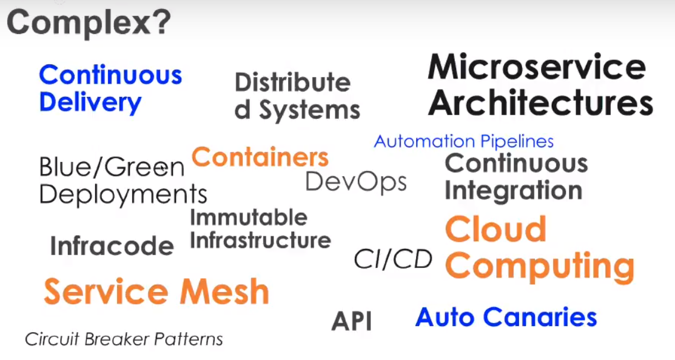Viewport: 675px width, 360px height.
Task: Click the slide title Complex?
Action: click(89, 23)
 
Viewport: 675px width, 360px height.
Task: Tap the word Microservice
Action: click(537, 67)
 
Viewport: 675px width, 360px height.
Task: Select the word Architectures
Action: click(540, 103)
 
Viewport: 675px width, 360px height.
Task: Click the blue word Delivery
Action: click(90, 103)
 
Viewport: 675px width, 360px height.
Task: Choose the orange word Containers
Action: click(260, 158)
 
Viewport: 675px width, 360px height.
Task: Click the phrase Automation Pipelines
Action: click(464, 142)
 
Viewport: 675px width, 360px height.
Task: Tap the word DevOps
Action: click(356, 181)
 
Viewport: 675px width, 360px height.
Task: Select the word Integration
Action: click(513, 190)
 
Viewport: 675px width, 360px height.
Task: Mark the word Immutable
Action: click(249, 217)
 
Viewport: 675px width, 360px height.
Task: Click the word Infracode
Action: click(112, 246)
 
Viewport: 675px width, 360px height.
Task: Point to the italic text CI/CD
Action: click(393, 259)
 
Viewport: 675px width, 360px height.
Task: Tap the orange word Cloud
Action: click(495, 229)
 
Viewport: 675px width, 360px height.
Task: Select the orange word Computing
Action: click(540, 266)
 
